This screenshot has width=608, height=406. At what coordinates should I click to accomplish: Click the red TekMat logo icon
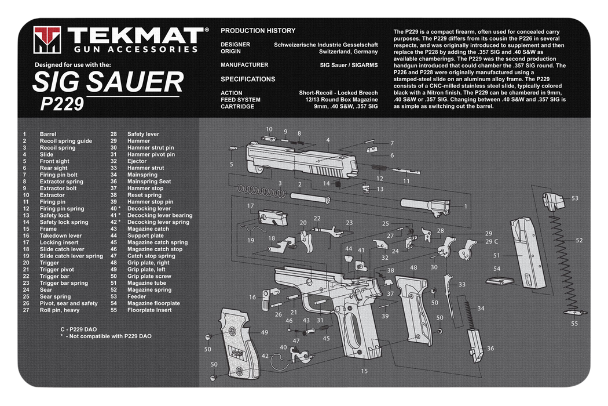point(47,39)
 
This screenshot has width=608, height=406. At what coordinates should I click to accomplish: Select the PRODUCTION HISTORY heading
point(258,31)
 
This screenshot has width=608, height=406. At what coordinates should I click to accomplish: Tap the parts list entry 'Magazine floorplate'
point(153,303)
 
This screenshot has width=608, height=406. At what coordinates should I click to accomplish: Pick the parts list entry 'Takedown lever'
point(60,235)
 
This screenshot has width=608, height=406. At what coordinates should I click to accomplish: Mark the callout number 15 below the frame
point(364,371)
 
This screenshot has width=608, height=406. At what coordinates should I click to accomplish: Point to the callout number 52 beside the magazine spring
point(579,241)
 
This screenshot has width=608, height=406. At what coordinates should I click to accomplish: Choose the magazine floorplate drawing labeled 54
point(500,281)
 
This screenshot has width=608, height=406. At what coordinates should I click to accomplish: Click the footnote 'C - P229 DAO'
point(78,329)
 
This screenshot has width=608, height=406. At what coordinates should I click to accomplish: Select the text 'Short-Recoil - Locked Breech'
point(338,93)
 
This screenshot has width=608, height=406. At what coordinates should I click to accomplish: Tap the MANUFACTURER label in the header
point(244,65)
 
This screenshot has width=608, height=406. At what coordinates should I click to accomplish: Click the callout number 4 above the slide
point(328,140)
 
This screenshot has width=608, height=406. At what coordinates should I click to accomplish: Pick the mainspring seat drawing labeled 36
point(475,346)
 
